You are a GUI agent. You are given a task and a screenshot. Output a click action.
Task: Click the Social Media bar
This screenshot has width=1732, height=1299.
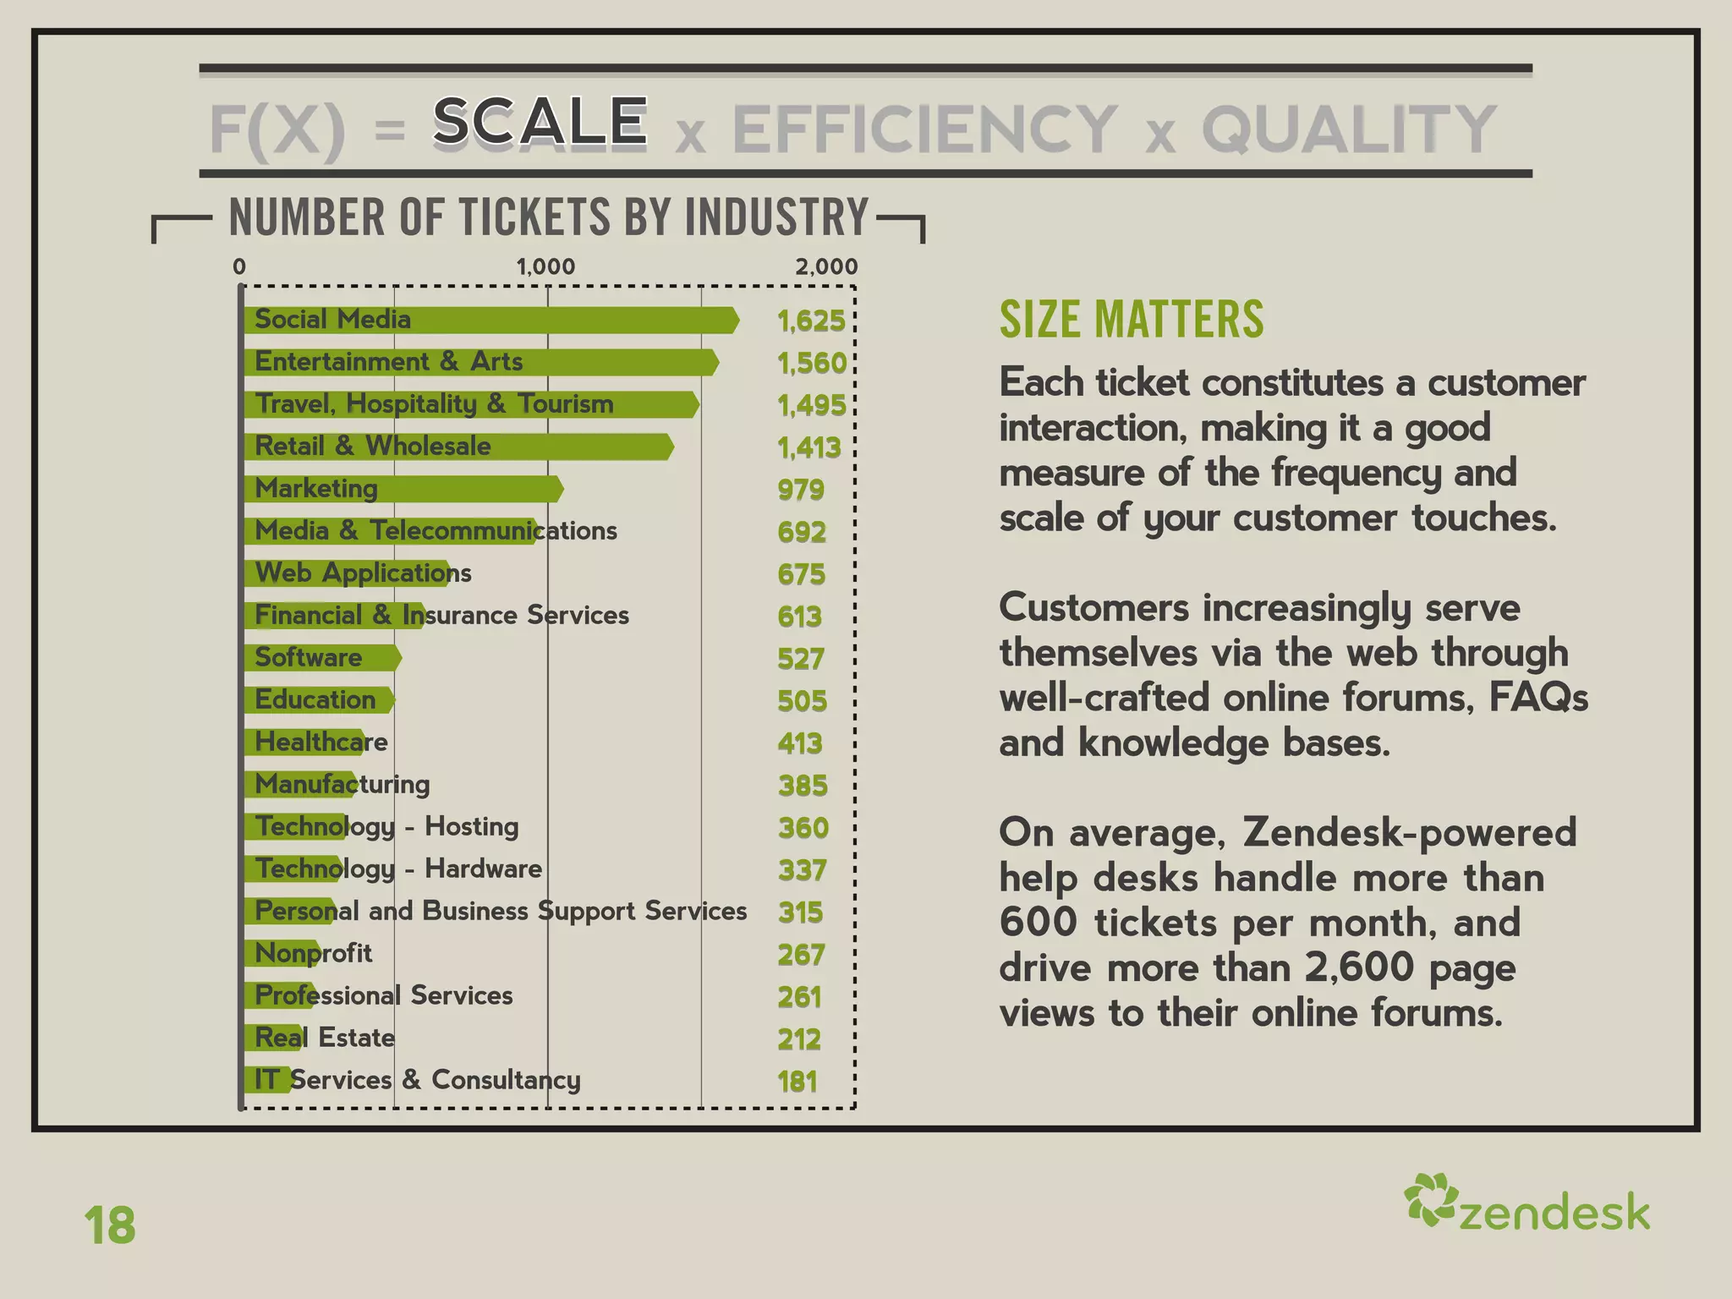point(491,320)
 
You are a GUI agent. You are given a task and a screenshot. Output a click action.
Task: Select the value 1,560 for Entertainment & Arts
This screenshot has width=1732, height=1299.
point(812,363)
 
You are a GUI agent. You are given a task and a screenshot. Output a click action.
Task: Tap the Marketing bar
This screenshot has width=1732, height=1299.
point(403,489)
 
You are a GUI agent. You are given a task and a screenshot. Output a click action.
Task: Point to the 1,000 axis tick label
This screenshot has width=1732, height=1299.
point(545,266)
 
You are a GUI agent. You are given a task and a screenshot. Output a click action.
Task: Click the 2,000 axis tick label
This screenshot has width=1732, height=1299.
point(826,266)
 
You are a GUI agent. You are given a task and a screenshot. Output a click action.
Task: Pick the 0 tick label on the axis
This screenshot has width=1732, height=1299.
point(239,266)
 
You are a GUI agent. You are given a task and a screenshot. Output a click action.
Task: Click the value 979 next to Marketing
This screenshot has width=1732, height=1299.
point(801,490)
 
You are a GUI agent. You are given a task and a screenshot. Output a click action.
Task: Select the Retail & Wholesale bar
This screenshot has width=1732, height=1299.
point(458,447)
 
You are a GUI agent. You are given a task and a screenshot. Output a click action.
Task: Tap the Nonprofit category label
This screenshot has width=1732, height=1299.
point(314,953)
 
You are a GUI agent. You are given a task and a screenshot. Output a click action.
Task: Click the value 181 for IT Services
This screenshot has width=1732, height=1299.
point(797,1082)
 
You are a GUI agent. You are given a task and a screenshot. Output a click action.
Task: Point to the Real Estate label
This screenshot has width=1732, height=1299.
point(325,1038)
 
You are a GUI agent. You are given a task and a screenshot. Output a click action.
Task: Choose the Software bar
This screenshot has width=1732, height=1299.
point(321,658)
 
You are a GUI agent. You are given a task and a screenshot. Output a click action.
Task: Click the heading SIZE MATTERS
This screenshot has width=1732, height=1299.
point(1132,320)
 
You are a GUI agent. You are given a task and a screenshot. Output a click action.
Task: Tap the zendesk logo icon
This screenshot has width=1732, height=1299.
point(1430,1199)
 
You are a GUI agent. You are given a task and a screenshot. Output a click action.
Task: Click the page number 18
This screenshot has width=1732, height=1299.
point(110,1225)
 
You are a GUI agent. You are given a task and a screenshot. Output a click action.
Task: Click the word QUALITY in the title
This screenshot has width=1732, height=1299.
point(1349,129)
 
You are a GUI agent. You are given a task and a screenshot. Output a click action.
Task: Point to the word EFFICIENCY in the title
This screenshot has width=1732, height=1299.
point(925,129)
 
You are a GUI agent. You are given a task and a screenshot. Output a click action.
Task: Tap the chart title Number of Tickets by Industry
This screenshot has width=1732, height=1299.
point(549,217)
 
